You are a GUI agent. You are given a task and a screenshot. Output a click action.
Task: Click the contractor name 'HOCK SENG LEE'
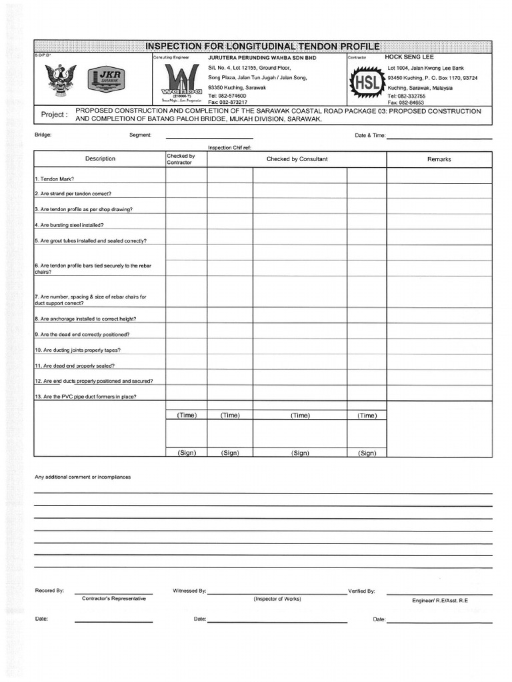409,57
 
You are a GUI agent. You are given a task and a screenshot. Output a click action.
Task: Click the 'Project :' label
54,115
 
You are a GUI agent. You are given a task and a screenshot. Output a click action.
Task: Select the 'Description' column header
100,159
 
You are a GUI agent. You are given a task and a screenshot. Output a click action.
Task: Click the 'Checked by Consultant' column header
297,159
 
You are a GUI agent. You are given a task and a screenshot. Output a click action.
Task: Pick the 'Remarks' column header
439,159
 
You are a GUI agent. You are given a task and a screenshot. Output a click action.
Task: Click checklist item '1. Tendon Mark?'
54,179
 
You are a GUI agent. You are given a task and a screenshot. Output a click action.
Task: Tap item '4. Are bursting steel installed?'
73,225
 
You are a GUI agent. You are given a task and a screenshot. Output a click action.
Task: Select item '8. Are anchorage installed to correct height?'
89,319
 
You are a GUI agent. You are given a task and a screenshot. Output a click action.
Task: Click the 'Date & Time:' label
370,135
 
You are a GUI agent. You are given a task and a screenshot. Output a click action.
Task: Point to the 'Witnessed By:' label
190,591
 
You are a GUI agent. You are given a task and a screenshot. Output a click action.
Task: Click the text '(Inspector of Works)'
277,599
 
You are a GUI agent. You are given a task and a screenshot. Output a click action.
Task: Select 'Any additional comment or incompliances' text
83,477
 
